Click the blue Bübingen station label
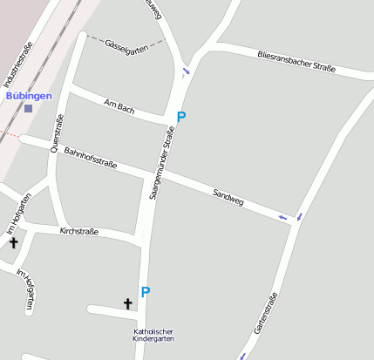(29, 95)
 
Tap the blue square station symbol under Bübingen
(29, 108)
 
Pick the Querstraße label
(58, 134)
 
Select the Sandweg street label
(228, 195)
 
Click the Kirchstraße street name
(78, 231)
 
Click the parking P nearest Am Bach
(181, 116)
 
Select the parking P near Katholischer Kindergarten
(146, 292)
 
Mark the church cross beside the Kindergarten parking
(128, 303)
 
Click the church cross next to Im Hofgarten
(14, 241)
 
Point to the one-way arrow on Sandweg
(282, 216)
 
